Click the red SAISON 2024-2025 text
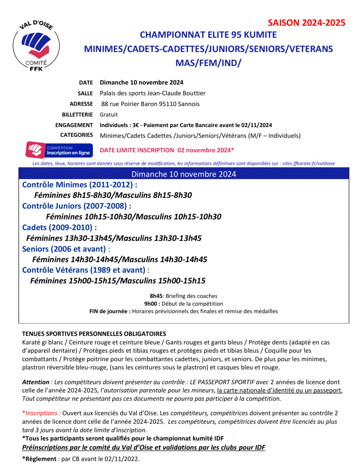click(306, 23)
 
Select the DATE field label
click(86, 83)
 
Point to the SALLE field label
click(85, 93)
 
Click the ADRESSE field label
click(81, 104)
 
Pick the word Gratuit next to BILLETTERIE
click(109, 114)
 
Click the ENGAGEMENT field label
click(74, 125)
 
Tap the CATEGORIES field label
click(76, 135)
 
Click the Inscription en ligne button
click(59, 150)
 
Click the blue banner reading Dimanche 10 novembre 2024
click(183, 174)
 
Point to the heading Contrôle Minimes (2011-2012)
click(79, 185)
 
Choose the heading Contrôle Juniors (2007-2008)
click(77, 206)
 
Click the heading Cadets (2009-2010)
click(59, 227)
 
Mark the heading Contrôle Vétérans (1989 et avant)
click(84, 270)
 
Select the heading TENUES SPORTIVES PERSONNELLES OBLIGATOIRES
click(94, 334)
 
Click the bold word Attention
click(36, 382)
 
